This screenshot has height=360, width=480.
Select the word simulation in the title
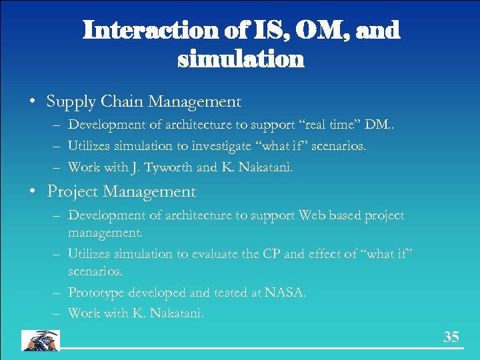coord(241,60)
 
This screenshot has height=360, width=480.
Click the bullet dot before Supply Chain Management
coord(32,103)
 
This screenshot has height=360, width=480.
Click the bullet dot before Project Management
coord(32,193)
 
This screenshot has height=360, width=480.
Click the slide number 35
coord(451,337)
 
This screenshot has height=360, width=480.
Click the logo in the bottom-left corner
coord(40,340)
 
